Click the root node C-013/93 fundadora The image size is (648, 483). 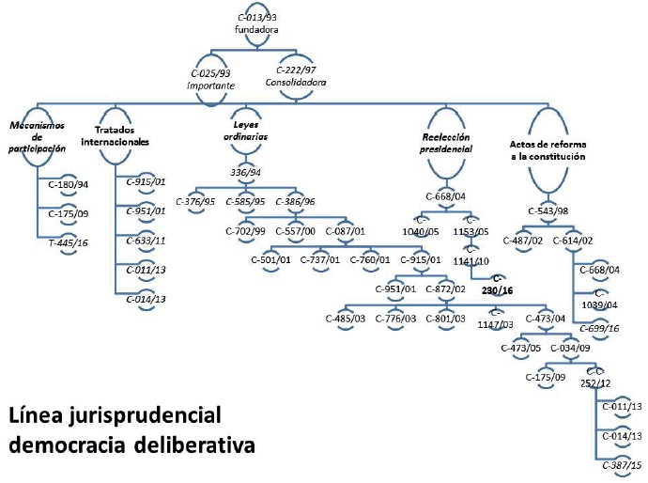pos(256,23)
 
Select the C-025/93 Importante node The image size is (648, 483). pos(211,77)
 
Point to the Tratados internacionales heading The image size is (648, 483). pos(122,134)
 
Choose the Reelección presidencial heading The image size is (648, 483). pos(445,142)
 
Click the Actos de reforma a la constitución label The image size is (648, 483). pos(548,150)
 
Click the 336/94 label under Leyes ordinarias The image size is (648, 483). pos(245,172)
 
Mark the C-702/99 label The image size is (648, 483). pos(247,230)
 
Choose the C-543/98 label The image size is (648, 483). pos(548,211)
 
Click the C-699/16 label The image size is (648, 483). pos(602,328)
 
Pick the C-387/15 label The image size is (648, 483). pos(620,465)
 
